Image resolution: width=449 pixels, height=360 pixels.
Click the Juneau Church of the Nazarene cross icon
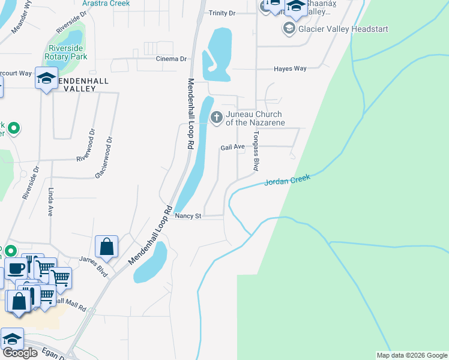click(216, 116)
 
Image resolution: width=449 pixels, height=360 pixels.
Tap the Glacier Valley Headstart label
click(344, 29)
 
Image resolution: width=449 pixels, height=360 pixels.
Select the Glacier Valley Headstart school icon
click(289, 29)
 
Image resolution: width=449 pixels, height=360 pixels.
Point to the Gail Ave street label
click(232, 146)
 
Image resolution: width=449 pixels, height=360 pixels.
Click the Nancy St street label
click(188, 216)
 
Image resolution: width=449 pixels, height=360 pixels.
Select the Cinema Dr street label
click(171, 59)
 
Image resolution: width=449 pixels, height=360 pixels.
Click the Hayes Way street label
click(290, 69)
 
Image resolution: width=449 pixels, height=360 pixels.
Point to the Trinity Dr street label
click(222, 13)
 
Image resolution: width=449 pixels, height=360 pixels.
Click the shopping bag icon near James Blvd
click(106, 247)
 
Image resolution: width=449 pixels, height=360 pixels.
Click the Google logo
click(20, 353)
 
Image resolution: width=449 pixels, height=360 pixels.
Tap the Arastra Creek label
click(106, 3)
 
